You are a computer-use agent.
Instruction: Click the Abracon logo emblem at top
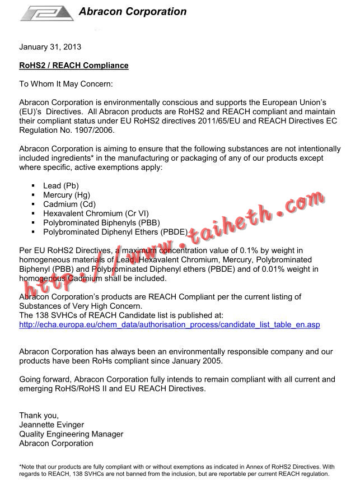coord(47,13)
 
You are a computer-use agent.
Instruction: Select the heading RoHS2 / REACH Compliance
coord(74,66)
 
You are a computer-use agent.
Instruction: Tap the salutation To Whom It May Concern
coord(66,84)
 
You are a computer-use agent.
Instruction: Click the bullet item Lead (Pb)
coord(61,185)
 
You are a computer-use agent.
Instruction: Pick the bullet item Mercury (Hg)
coord(66,195)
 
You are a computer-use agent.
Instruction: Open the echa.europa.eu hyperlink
coord(169,324)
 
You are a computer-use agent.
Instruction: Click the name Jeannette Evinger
coord(52,425)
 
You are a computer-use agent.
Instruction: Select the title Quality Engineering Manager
coord(71,434)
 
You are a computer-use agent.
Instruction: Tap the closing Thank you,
coord(39,415)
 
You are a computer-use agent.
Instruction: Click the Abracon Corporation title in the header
coord(133,11)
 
